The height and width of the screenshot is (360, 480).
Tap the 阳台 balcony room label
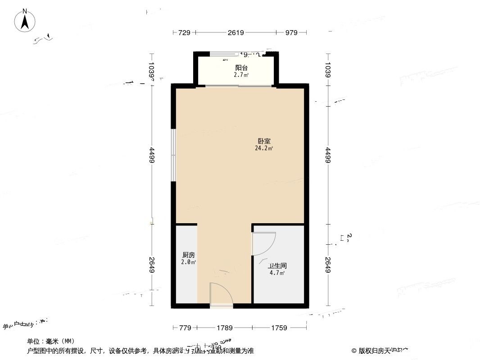point(241,68)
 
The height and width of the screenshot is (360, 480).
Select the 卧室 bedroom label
point(264,141)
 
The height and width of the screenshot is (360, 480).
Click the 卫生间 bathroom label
point(278,266)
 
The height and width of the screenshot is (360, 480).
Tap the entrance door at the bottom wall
point(221,295)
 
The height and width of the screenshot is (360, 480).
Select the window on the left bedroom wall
point(173,155)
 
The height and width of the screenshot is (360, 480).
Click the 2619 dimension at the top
point(235,32)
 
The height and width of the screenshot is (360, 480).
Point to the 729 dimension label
point(185,32)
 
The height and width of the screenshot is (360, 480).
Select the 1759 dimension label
point(279,328)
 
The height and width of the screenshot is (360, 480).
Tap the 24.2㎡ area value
point(264,148)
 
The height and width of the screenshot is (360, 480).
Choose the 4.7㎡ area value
point(277,273)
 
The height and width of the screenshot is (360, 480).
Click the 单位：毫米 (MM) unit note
point(50,341)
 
